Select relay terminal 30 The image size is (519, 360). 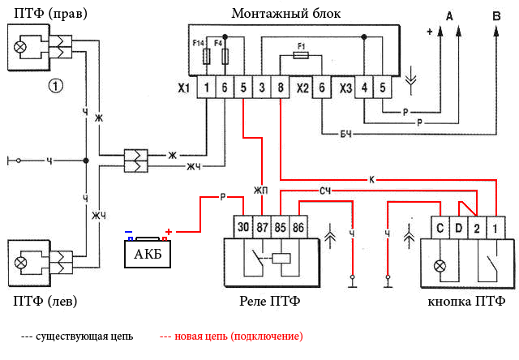pyautogui.click(x=242, y=227)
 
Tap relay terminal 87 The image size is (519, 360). pyautogui.click(x=261, y=227)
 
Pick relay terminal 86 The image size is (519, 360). pyautogui.click(x=298, y=227)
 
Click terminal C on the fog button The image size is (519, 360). pyautogui.click(x=440, y=228)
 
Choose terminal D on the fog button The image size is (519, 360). pyautogui.click(x=459, y=228)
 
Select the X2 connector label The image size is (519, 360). pyautogui.click(x=302, y=88)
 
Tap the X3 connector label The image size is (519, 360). pyautogui.click(x=345, y=88)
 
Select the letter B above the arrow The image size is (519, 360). pyautogui.click(x=496, y=15)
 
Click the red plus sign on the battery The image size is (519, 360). pyautogui.click(x=169, y=232)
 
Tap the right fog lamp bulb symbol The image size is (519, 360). pyautogui.click(x=19, y=47)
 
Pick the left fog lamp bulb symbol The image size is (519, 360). pyautogui.click(x=19, y=261)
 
